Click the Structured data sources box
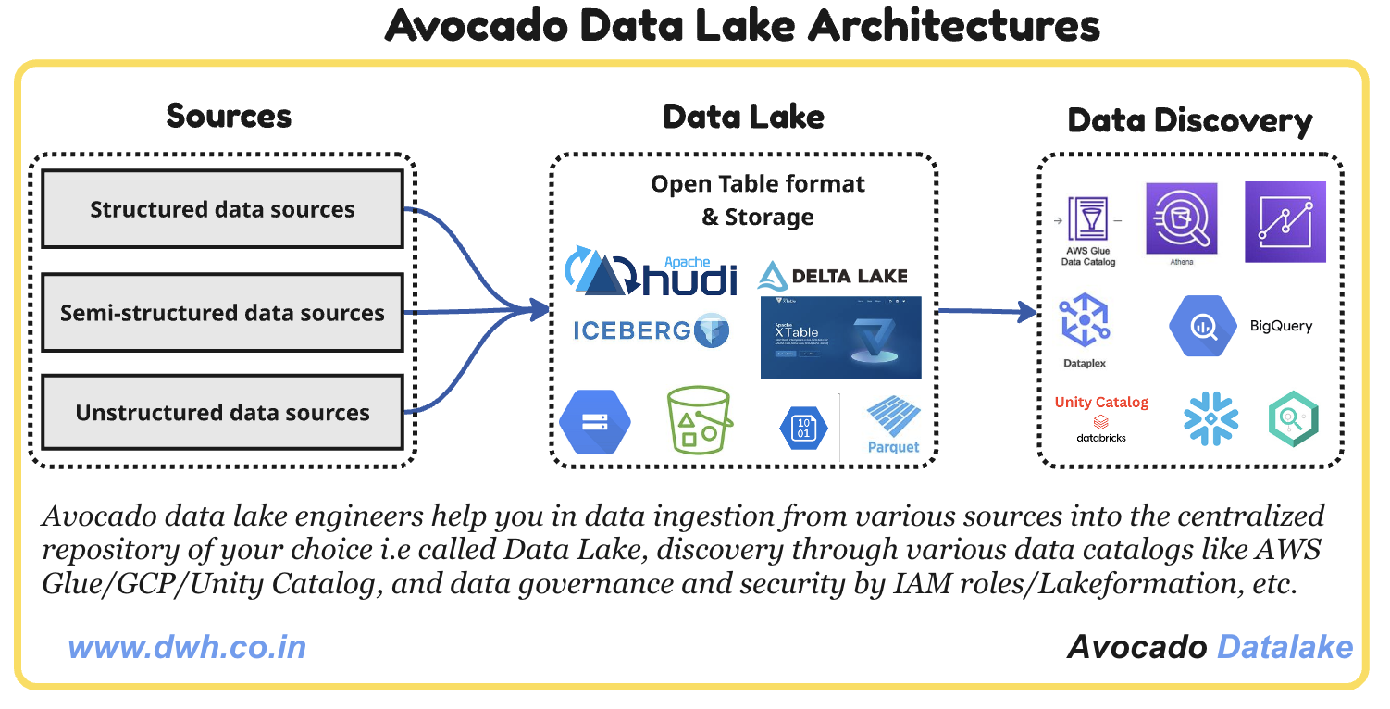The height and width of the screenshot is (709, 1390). tap(222, 209)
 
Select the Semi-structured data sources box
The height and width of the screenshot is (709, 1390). tap(222, 313)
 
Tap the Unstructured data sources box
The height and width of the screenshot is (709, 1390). tap(222, 413)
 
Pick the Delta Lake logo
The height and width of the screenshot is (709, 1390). tap(832, 276)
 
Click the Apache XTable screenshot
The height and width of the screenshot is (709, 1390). tap(840, 338)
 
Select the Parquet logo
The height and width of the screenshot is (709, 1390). tap(893, 425)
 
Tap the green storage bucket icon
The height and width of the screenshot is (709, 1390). tap(700, 421)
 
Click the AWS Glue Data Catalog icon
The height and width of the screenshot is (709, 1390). tap(1087, 222)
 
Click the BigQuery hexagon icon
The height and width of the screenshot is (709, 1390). tap(1202, 326)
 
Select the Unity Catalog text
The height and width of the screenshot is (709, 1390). tap(1101, 402)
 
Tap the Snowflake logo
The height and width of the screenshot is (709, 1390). tap(1210, 418)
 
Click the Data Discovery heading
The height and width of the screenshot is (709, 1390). tap(1190, 121)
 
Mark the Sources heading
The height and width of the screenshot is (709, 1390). tap(229, 116)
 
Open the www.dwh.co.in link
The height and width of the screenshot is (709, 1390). tap(187, 646)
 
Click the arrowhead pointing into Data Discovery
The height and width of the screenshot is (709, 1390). tap(1027, 312)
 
